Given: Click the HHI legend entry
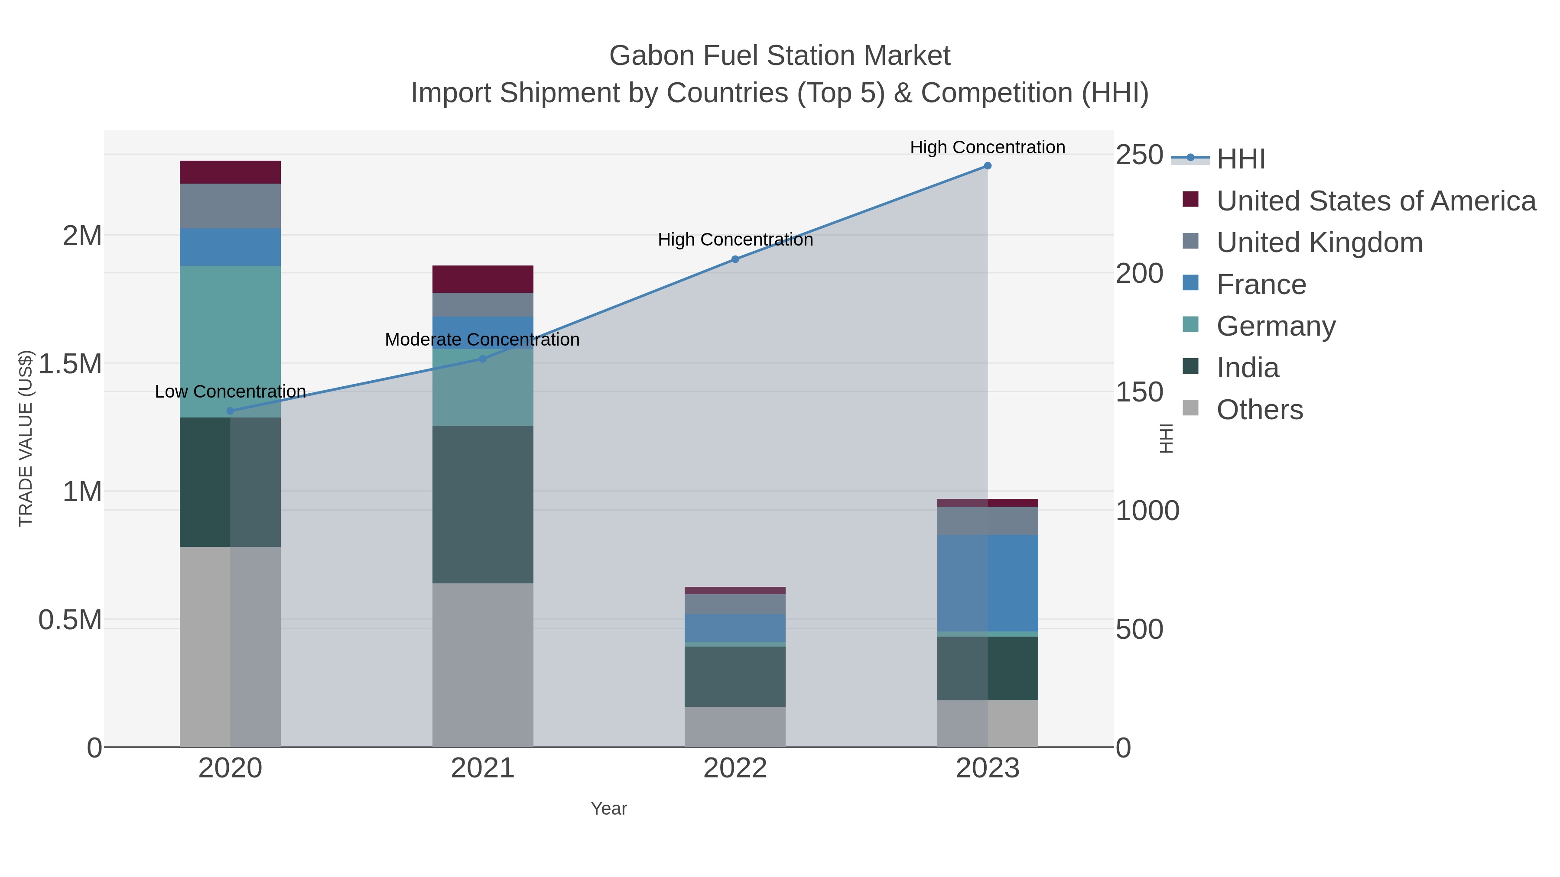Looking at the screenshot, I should tap(1240, 159).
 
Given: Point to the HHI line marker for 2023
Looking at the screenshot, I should tap(988, 166).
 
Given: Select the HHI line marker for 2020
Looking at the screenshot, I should tap(230, 411).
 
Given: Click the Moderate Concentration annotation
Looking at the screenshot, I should tap(482, 340).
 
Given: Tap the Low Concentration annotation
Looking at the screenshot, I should tap(230, 392).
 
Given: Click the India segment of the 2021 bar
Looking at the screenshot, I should tap(483, 504).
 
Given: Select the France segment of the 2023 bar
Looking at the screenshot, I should tap(988, 583).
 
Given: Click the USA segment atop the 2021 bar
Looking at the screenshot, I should tap(483, 279).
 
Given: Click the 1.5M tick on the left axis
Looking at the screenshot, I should tap(70, 364).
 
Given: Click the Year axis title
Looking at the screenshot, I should tap(609, 809).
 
